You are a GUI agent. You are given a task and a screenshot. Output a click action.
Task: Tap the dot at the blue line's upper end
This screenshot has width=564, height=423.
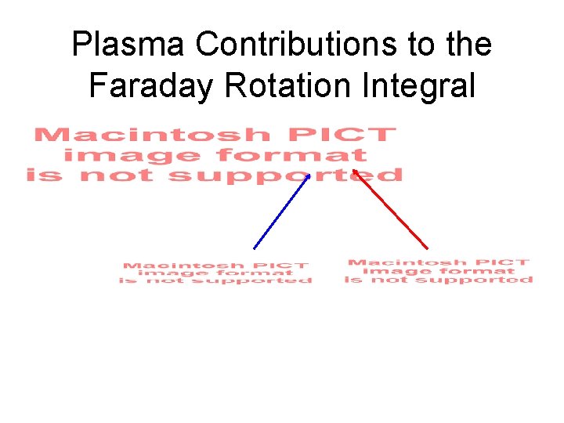(x=309, y=176)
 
